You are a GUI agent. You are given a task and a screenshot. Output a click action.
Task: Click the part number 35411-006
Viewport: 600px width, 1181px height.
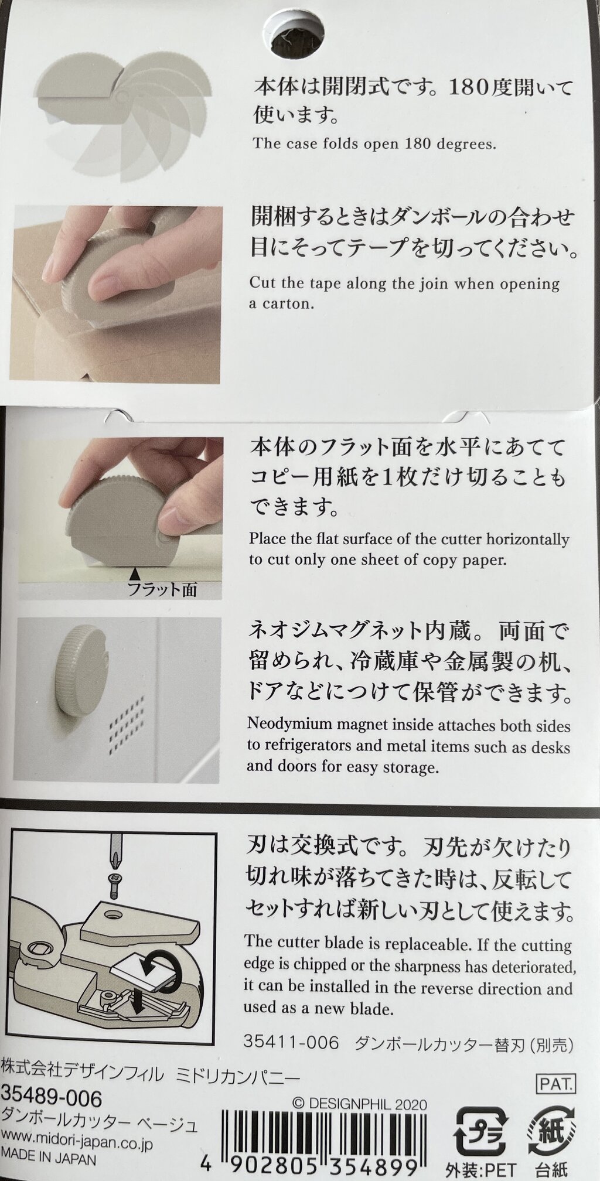click(291, 1043)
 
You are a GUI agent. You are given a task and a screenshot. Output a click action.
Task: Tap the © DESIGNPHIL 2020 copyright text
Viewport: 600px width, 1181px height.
click(359, 1104)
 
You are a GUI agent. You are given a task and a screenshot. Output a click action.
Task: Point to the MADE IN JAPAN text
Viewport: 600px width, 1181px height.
click(49, 1159)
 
